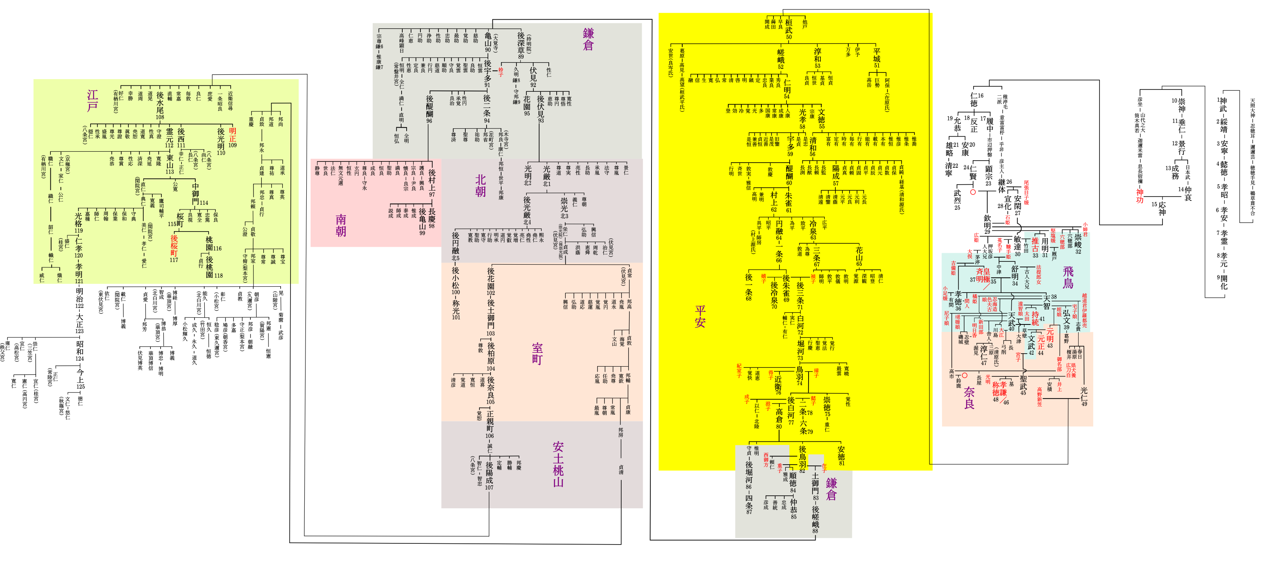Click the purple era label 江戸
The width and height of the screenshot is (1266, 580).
click(93, 100)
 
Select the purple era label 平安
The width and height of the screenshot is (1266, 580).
click(700, 316)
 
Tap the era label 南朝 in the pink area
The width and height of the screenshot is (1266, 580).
click(341, 225)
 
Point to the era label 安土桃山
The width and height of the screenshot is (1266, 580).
click(558, 464)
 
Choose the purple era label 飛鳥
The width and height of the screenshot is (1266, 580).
click(1068, 277)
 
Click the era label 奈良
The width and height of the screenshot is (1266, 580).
click(969, 398)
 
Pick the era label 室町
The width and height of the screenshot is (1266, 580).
click(537, 354)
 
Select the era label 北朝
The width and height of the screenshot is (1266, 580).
click(480, 186)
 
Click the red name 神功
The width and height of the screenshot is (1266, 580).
click(1139, 196)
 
